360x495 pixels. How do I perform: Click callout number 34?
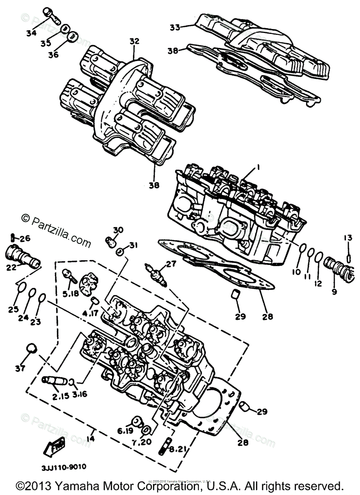click(31, 33)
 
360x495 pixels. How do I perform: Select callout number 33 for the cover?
click(175, 28)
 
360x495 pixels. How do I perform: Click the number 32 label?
click(134, 42)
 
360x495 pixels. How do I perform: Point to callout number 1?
click(258, 167)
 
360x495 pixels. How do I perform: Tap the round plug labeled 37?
click(30, 349)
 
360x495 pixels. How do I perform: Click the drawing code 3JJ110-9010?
click(64, 467)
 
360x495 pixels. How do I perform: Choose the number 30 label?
click(118, 229)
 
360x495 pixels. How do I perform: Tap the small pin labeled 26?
click(14, 238)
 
